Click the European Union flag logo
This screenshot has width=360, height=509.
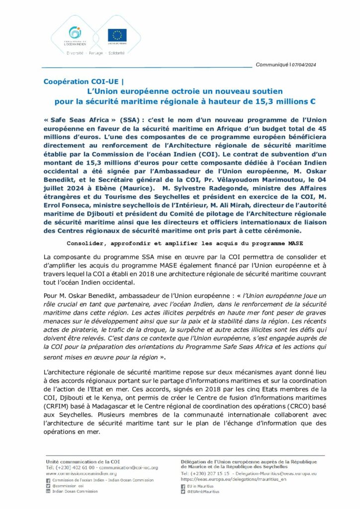pyautogui.click(x=117, y=35)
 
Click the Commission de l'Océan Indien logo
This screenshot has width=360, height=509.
pyautogui.click(x=75, y=36)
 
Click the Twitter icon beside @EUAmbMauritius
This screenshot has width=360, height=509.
pyautogui.click(x=183, y=492)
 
